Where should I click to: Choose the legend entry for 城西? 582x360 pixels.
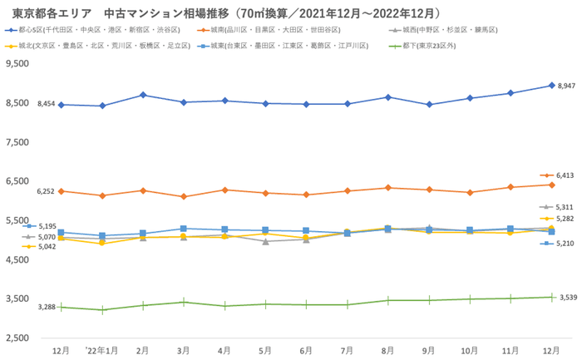pyautogui.click(x=449, y=29)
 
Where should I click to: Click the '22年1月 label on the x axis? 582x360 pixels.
pyautogui.click(x=101, y=351)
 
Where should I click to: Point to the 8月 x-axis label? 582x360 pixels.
pyautogui.click(x=388, y=351)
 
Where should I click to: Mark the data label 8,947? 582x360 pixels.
pyautogui.click(x=566, y=86)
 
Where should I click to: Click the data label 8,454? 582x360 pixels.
pyautogui.click(x=47, y=104)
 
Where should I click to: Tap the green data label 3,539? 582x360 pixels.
pyautogui.click(x=568, y=297)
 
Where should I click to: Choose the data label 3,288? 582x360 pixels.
pyautogui.click(x=47, y=307)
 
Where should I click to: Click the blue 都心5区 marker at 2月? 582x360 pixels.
pyautogui.click(x=143, y=95)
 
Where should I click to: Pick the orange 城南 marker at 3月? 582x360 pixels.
pyautogui.click(x=184, y=197)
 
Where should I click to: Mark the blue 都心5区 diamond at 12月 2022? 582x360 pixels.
pyautogui.click(x=551, y=86)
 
